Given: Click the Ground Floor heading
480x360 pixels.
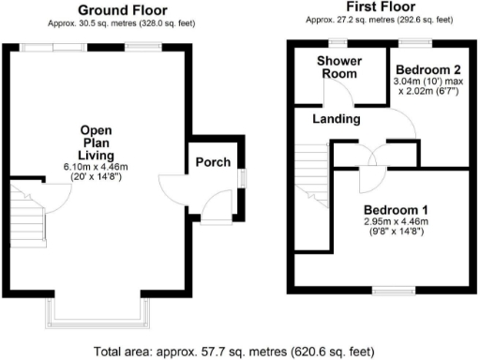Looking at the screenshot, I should tap(96, 10).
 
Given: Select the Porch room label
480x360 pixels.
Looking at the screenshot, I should tap(213, 162).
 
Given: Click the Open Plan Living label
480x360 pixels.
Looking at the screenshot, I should tap(97, 142).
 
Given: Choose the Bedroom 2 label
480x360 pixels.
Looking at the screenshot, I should tap(427, 70).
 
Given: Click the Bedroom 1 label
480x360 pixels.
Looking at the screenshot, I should tap(396, 209).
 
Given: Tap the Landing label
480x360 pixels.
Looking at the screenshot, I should tap(337, 119).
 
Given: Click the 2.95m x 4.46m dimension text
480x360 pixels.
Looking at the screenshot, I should tap(396, 221).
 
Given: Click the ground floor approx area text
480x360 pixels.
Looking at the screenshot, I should tap(96, 23).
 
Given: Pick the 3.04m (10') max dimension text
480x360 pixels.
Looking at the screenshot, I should tap(427, 82).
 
